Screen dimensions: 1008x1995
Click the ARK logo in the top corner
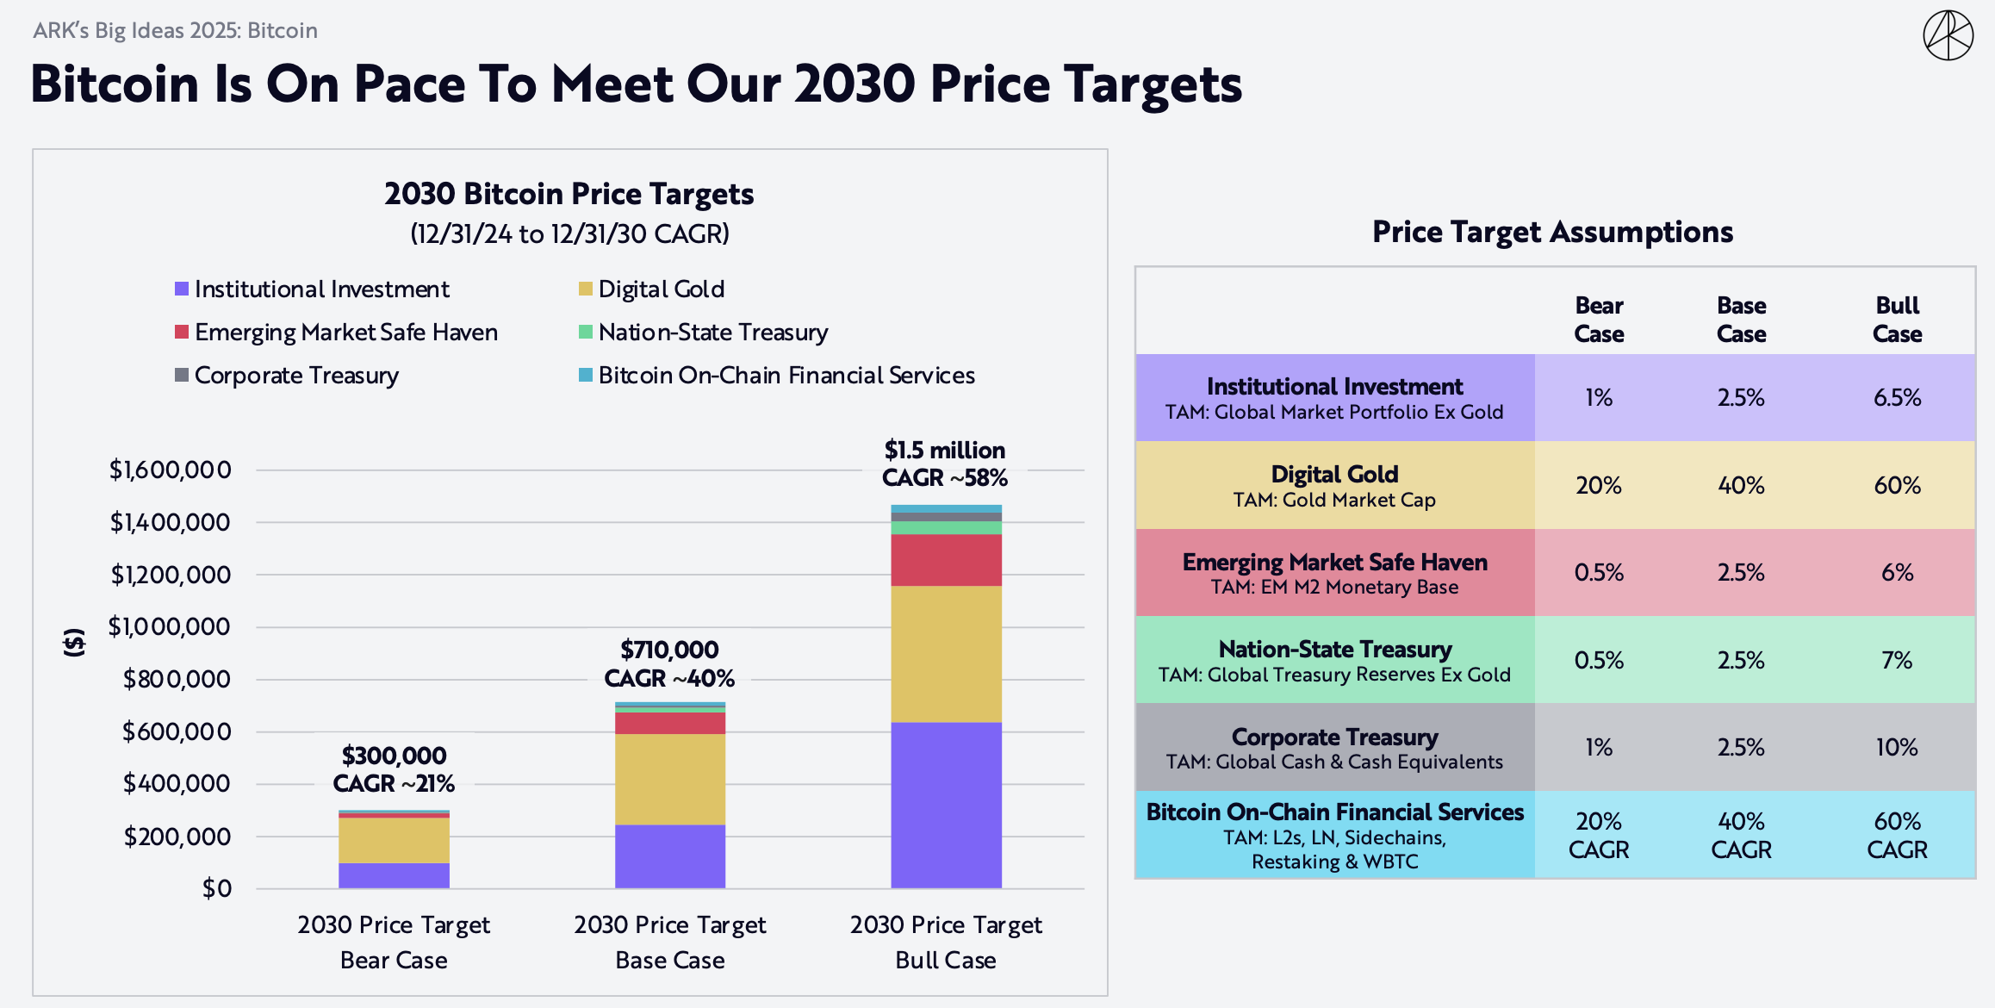[x=1948, y=35]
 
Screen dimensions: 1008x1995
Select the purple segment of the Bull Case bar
[x=946, y=805]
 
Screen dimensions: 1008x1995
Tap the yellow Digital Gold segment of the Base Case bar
[x=670, y=779]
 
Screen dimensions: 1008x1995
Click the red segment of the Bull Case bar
[x=946, y=560]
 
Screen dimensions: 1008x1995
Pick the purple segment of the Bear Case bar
[x=394, y=875]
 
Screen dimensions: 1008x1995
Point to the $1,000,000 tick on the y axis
[x=170, y=626]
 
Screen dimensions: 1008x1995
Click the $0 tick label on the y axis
[x=217, y=888]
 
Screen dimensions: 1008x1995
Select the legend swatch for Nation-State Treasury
[x=586, y=332]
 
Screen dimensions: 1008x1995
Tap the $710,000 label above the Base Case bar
[x=669, y=650]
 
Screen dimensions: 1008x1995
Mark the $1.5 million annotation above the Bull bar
[x=945, y=451]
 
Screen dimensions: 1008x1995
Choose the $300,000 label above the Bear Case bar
[x=394, y=756]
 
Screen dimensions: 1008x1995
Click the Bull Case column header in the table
[x=1897, y=320]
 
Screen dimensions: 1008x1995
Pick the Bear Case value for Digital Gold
[x=1599, y=485]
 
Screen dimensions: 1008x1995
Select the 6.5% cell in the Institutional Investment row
[x=1897, y=397]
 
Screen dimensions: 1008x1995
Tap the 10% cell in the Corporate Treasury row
[x=1897, y=747]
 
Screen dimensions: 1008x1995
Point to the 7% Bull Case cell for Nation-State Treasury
[x=1897, y=660]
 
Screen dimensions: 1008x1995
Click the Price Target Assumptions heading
[x=1552, y=232]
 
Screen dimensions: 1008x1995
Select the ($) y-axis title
[x=75, y=643]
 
